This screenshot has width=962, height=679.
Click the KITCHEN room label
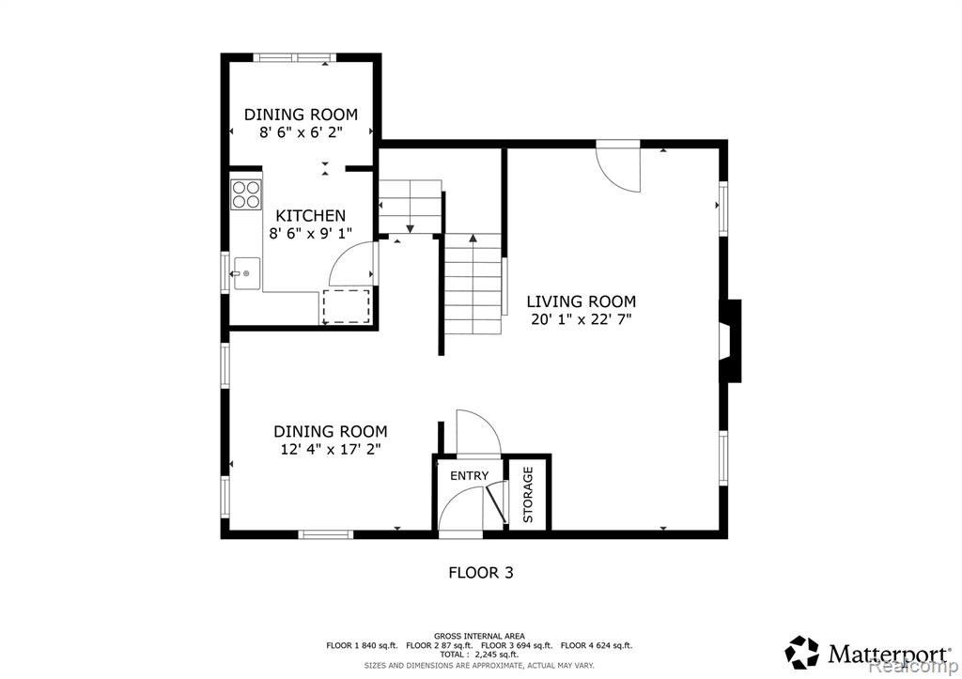point(310,216)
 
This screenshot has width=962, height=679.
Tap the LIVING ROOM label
point(581,301)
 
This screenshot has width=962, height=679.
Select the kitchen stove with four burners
point(246,193)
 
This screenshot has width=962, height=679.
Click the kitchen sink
point(247,273)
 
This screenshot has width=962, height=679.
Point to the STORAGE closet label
point(528,494)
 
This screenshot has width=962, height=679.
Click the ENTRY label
point(470,476)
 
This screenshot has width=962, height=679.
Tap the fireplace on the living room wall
point(730,341)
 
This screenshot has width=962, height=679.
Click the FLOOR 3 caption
point(481,573)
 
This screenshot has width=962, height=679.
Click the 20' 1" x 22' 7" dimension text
point(581,319)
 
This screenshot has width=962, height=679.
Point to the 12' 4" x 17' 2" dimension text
point(331,450)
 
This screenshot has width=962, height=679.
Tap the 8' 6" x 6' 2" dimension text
point(301,132)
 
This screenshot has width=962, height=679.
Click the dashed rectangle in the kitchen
point(346,307)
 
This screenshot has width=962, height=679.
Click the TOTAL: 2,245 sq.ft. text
point(479,655)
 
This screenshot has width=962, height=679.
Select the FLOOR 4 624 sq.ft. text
point(597,646)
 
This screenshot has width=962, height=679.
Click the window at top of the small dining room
point(295,57)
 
